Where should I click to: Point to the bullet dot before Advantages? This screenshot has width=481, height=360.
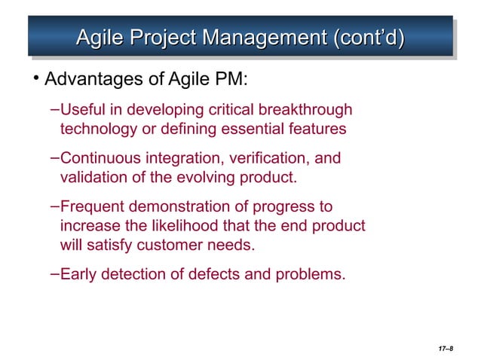click(x=35, y=80)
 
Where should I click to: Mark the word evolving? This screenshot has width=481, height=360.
click(x=219, y=178)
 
